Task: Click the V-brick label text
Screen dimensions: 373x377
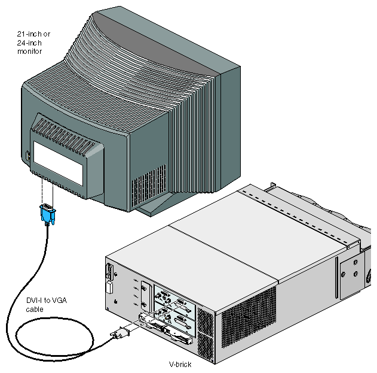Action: [180, 364]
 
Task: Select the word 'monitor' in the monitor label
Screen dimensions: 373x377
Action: [29, 52]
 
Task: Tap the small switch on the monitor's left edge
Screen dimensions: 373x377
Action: [28, 156]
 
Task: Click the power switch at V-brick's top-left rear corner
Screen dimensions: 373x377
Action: [110, 272]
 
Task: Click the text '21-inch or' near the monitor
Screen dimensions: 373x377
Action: [33, 34]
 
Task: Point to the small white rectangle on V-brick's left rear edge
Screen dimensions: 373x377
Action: [109, 288]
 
